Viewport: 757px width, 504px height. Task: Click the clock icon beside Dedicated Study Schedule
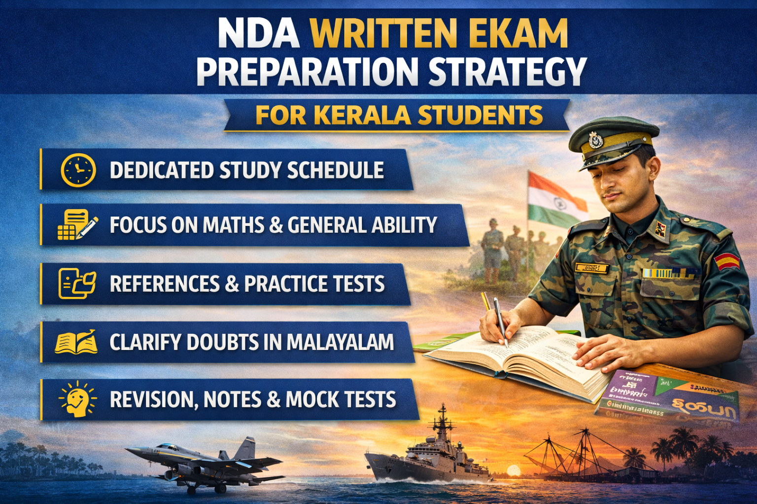click(x=78, y=170)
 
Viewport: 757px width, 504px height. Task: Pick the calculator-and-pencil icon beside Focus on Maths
click(x=77, y=225)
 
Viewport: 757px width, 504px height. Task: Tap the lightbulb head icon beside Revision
click(x=77, y=399)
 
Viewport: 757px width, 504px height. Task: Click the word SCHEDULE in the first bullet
click(x=336, y=170)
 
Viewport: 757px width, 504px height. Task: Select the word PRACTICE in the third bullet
click(x=286, y=284)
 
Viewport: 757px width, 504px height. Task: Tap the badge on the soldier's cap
click(x=596, y=140)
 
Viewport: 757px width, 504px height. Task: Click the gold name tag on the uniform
click(x=591, y=268)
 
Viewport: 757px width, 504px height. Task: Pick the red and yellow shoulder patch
click(x=727, y=261)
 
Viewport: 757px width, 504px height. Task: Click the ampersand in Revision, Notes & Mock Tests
click(x=274, y=400)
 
